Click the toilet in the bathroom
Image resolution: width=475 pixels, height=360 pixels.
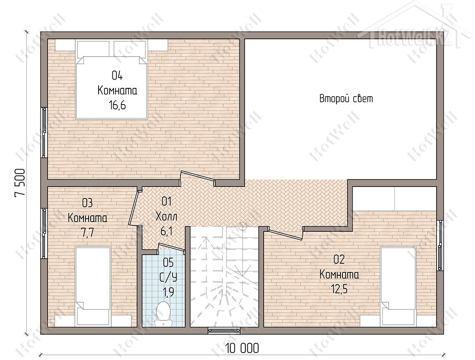(163, 314)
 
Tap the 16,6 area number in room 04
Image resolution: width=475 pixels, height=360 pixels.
(117, 106)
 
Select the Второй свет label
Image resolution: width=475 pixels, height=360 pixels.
(346, 99)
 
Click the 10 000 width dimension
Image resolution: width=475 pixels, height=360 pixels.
(242, 348)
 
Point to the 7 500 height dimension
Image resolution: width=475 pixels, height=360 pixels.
(20, 183)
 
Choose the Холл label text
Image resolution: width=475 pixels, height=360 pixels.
(166, 217)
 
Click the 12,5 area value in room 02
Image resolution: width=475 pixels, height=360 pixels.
(339, 289)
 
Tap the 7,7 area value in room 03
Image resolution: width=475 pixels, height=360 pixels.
(87, 233)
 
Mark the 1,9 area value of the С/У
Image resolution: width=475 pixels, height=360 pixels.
(168, 292)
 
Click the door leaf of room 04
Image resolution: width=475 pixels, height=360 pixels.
(198, 175)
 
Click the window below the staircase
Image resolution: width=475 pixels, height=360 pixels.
(224, 330)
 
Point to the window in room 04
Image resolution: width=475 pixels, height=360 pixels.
(44, 133)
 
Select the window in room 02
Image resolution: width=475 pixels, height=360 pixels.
(440, 245)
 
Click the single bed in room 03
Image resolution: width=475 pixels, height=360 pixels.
(93, 286)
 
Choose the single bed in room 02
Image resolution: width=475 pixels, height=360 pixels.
(398, 286)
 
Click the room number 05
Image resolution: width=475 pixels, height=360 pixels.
(168, 262)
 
